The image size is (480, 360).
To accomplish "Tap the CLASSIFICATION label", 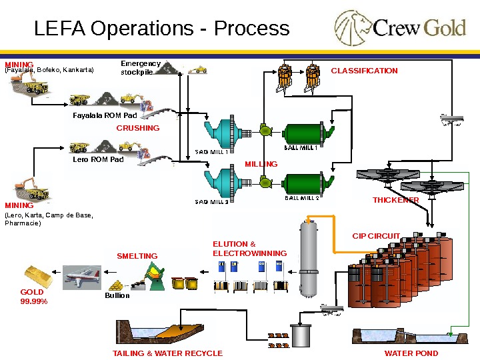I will pos(364,71).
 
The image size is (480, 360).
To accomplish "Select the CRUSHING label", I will pos(138,128).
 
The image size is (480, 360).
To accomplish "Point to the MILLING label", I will pos(261,164).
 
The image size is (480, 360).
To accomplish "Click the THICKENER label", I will pos(396,201).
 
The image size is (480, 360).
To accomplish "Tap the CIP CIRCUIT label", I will pos(376,236).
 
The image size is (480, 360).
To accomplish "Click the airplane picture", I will pos(82,277).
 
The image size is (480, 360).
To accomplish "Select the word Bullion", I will pos(117,295).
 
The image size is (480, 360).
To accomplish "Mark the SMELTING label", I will pos(137,256).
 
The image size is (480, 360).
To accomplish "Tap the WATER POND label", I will pos(411,353).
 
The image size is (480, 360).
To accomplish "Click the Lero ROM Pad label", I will pos(97,160).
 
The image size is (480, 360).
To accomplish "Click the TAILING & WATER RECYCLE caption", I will pos(167,353).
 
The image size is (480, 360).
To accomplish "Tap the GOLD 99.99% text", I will pos(34,297).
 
